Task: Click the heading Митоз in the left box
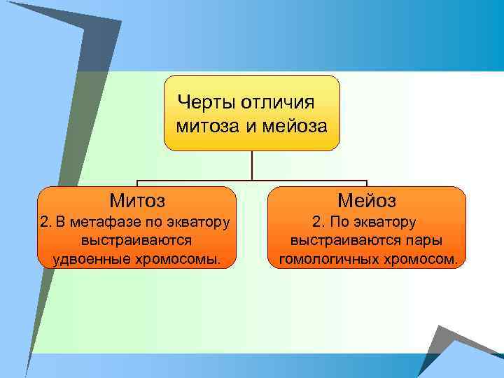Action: click(137, 202)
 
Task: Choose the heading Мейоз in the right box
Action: click(367, 202)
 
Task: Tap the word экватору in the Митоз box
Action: click(199, 223)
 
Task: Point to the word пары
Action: click(426, 241)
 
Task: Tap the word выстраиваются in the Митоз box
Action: click(136, 241)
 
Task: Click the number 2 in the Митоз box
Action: click(45, 223)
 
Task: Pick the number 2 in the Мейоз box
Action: click(316, 223)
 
